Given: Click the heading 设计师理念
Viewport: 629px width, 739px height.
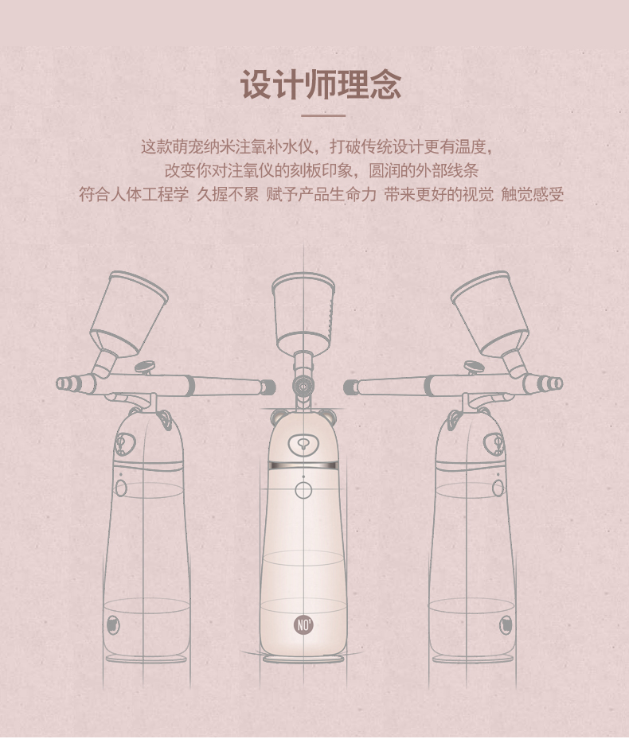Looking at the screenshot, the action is pos(322,85).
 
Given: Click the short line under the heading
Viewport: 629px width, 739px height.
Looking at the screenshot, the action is pos(323,115).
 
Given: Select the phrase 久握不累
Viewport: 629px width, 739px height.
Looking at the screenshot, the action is pos(228,194).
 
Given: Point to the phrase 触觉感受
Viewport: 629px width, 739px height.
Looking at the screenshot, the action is pos(533,194).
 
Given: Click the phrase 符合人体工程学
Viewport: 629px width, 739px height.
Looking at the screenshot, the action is pos(134,194).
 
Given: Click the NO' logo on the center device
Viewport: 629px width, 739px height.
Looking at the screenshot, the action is pos(303,625).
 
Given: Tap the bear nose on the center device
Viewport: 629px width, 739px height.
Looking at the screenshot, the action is pos(303,444).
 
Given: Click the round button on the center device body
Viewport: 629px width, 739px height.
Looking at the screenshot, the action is pos(303,490).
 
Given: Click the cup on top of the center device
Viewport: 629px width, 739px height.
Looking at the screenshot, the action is pos(303,312).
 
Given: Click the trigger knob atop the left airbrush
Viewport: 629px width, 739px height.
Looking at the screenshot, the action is pos(145,366).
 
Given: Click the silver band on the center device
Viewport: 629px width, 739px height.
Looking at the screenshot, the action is pos(303,465).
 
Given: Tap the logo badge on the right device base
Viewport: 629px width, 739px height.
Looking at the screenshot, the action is pos(506,625).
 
